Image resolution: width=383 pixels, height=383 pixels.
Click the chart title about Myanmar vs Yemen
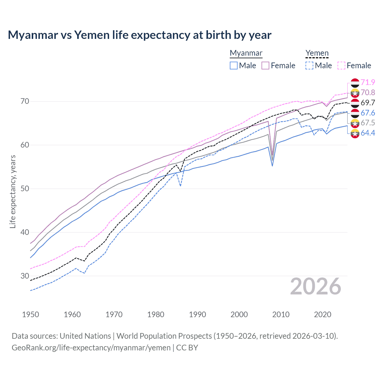(x=139, y=35)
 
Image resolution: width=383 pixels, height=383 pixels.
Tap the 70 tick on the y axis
(x=25, y=101)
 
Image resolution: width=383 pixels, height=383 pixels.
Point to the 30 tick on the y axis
(x=25, y=276)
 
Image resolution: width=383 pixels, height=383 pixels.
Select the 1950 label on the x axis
(x=31, y=314)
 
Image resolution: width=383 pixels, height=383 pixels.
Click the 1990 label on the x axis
(x=197, y=314)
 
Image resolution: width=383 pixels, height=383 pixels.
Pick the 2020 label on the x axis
(x=323, y=314)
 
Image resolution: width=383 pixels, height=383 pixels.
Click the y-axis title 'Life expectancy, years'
(x=13, y=191)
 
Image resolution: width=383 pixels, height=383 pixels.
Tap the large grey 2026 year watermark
(x=316, y=286)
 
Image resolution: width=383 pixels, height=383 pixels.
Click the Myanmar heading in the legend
(x=246, y=53)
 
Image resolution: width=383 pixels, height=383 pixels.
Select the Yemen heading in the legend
(x=317, y=53)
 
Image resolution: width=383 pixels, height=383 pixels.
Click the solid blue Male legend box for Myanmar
(x=234, y=66)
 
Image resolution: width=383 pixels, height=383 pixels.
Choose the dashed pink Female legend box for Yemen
(x=341, y=66)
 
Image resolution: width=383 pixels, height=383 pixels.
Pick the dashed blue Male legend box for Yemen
(x=309, y=66)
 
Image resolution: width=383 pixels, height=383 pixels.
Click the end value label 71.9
(x=368, y=82)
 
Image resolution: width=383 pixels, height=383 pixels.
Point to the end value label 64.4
(x=368, y=133)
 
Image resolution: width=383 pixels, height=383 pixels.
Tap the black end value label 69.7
(x=368, y=103)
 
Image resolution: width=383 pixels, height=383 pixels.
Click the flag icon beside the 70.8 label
(x=355, y=93)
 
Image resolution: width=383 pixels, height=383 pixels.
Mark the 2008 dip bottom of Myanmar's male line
(x=272, y=165)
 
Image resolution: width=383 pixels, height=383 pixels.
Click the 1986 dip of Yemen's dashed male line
(x=180, y=186)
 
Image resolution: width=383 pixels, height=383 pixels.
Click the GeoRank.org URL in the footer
(x=91, y=348)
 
